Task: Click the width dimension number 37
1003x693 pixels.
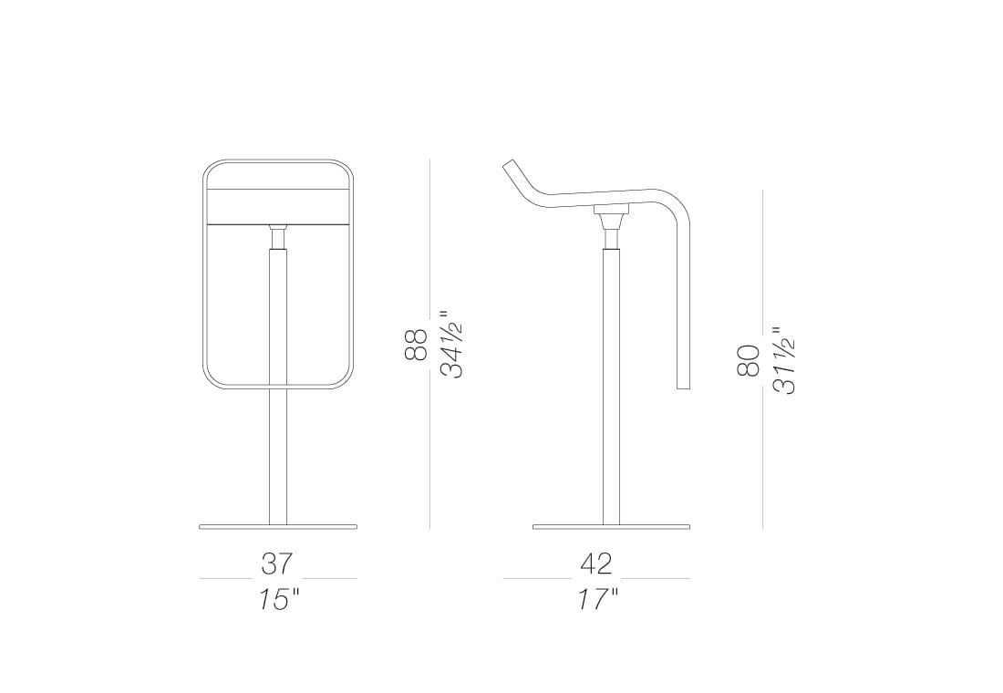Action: click(277, 564)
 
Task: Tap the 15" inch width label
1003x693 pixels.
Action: click(279, 599)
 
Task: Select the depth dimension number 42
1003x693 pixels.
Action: click(596, 564)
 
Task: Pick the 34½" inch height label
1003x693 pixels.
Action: click(451, 344)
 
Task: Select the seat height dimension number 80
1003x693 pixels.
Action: click(748, 359)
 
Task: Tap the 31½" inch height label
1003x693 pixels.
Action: click(783, 359)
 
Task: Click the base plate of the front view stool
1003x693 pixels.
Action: click(278, 527)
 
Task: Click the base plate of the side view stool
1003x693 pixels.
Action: click(611, 527)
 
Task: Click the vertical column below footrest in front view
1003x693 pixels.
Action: click(278, 456)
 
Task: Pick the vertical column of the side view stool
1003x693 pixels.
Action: click(611, 383)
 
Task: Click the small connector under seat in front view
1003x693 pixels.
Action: click(278, 235)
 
